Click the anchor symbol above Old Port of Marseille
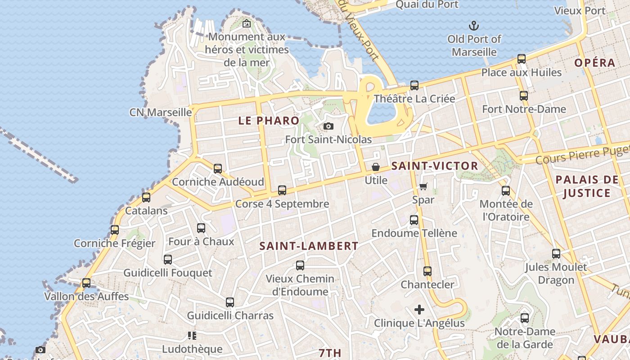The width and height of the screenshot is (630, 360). [473, 25]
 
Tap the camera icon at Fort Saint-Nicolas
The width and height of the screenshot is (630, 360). [328, 126]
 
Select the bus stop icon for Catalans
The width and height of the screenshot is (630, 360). [146, 197]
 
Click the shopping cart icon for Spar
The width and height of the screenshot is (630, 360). [423, 186]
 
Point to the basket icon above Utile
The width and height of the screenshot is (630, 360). [376, 167]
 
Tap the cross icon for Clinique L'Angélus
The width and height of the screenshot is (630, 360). [419, 310]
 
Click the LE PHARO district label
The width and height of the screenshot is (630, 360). [269, 121]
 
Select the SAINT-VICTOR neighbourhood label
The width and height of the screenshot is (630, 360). [434, 166]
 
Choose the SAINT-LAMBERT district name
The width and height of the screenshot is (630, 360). [309, 246]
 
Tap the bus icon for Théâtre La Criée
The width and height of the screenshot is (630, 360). [414, 85]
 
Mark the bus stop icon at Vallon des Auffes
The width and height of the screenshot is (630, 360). [86, 283]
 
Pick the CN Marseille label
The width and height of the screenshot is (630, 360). [161, 112]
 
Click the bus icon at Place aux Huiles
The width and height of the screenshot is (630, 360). [522, 59]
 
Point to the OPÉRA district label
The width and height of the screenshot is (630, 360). [595, 63]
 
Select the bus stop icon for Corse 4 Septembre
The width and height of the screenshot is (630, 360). [282, 190]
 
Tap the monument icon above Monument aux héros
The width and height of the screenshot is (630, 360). [247, 23]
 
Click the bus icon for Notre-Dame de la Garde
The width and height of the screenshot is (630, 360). [525, 318]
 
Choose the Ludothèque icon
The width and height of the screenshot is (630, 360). [192, 336]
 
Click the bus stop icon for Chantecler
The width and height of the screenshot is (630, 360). [427, 271]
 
